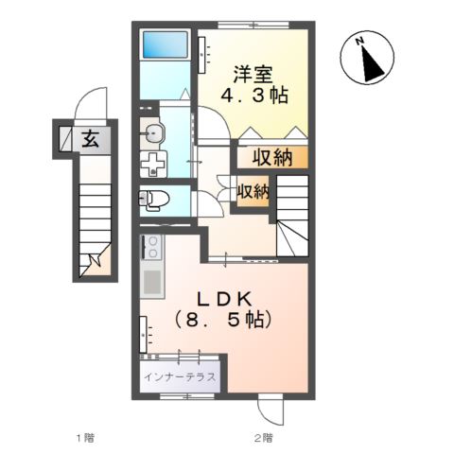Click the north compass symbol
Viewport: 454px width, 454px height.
(x=367, y=58)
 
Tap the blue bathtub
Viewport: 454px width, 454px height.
(x=166, y=44)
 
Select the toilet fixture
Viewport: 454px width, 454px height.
(x=154, y=200)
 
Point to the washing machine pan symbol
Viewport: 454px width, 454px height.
(x=153, y=164)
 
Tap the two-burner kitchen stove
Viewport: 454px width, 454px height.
(x=151, y=247)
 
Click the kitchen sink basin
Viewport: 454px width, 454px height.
(x=152, y=282)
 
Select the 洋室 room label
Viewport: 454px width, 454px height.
(x=253, y=75)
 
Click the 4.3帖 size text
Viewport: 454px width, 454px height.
(x=254, y=96)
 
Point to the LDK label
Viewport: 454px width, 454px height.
(x=224, y=300)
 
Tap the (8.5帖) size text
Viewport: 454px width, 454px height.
(x=223, y=321)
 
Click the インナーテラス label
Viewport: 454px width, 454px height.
(x=180, y=376)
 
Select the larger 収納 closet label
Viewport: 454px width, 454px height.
(x=272, y=157)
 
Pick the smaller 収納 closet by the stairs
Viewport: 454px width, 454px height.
(x=253, y=191)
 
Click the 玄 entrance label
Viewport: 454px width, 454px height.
(x=91, y=139)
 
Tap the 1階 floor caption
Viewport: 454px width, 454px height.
(x=85, y=438)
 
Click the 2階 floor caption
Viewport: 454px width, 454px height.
(x=264, y=438)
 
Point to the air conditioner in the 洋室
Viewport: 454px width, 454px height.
(x=202, y=55)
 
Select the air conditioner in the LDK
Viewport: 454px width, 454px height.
(x=144, y=334)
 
